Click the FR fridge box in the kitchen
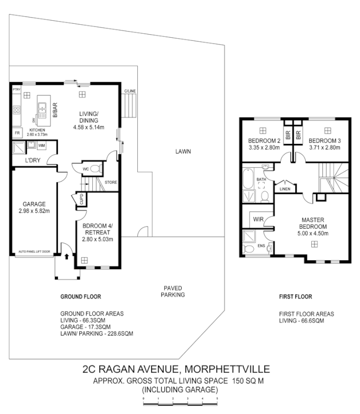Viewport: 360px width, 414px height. point(17,132)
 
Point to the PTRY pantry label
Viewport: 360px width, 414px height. point(16,90)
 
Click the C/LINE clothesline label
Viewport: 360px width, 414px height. point(129,92)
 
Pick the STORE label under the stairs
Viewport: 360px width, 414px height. point(110,182)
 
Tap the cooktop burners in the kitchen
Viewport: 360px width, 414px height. point(16,110)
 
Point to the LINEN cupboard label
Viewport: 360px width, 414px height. point(284,189)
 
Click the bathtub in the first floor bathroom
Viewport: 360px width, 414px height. point(247,182)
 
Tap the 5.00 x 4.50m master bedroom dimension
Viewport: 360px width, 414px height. point(313,233)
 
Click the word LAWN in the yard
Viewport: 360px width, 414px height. point(183,152)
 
